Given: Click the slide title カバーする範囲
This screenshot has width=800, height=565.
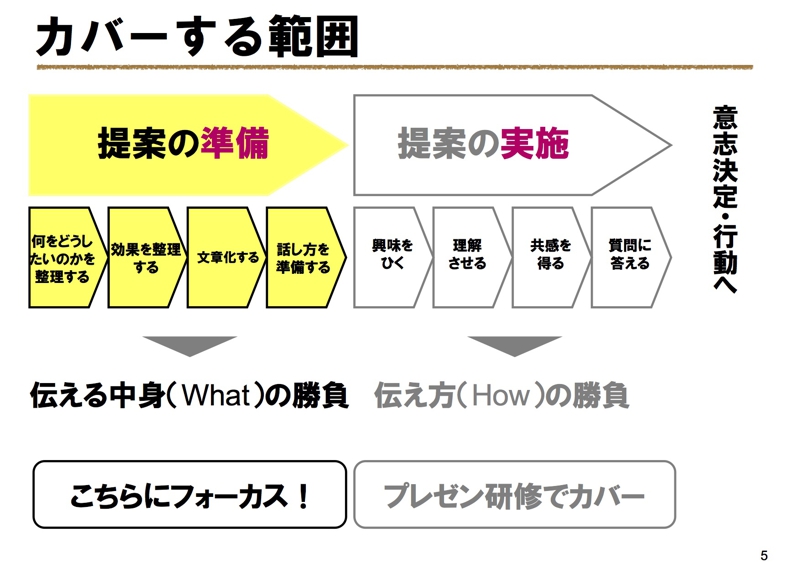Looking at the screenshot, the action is [197, 36].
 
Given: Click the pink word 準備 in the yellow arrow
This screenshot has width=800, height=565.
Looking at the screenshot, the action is [234, 143].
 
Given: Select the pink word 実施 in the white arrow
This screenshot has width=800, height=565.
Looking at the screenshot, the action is [534, 143].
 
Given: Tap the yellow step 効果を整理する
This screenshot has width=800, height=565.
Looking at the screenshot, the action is [147, 257].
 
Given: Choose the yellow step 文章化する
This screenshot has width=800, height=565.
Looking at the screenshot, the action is [227, 257].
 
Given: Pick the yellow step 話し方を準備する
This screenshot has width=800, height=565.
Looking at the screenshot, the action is [306, 257].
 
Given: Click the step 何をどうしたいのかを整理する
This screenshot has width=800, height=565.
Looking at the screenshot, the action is [67, 257].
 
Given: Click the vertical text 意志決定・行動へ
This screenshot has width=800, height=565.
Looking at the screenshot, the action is [725, 200].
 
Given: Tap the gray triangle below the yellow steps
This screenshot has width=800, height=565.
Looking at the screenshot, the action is [189, 344].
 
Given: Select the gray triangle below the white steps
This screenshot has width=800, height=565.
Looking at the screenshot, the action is [514, 344].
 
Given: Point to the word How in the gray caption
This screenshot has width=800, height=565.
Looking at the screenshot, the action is [501, 396].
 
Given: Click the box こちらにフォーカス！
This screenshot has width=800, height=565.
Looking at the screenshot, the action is [189, 494].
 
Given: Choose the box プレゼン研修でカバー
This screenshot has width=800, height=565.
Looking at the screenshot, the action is [514, 494].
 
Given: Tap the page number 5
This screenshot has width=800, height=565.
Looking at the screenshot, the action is [764, 555].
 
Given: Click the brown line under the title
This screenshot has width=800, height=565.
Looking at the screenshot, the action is [394, 67].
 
